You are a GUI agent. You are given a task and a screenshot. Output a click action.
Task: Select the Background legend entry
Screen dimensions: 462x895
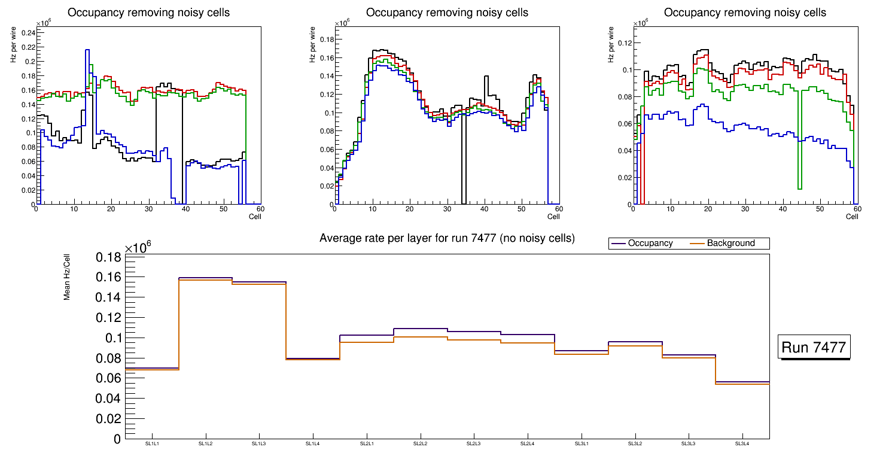[730, 244]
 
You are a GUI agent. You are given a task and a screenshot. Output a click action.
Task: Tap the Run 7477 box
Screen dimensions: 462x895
[815, 348]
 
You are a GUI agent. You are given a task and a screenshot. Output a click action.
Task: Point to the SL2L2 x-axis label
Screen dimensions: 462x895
[420, 444]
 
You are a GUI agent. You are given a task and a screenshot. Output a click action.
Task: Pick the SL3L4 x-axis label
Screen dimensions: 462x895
[742, 444]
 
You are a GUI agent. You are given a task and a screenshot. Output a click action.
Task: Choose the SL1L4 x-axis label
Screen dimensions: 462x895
[312, 444]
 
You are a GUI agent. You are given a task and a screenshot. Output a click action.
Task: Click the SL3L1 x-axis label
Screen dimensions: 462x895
[581, 444]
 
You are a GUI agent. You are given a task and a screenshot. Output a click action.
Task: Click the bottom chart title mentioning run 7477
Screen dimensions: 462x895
[447, 238]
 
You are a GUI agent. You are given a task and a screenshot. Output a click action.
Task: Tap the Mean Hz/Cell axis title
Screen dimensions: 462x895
[67, 277]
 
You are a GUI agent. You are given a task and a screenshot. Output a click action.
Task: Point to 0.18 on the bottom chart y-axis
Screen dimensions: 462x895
[109, 257]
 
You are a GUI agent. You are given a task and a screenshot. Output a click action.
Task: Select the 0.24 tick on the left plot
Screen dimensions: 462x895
[27, 33]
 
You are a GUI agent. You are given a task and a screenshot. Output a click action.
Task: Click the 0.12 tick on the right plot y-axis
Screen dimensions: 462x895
[624, 42]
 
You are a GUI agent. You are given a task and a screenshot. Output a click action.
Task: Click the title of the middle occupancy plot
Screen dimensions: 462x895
[447, 13]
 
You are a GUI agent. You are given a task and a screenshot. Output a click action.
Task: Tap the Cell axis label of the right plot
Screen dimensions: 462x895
[852, 216]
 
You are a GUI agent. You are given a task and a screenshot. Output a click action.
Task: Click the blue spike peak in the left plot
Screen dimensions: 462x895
[87, 50]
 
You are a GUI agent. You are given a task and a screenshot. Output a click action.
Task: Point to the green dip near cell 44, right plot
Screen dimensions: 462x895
[800, 189]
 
